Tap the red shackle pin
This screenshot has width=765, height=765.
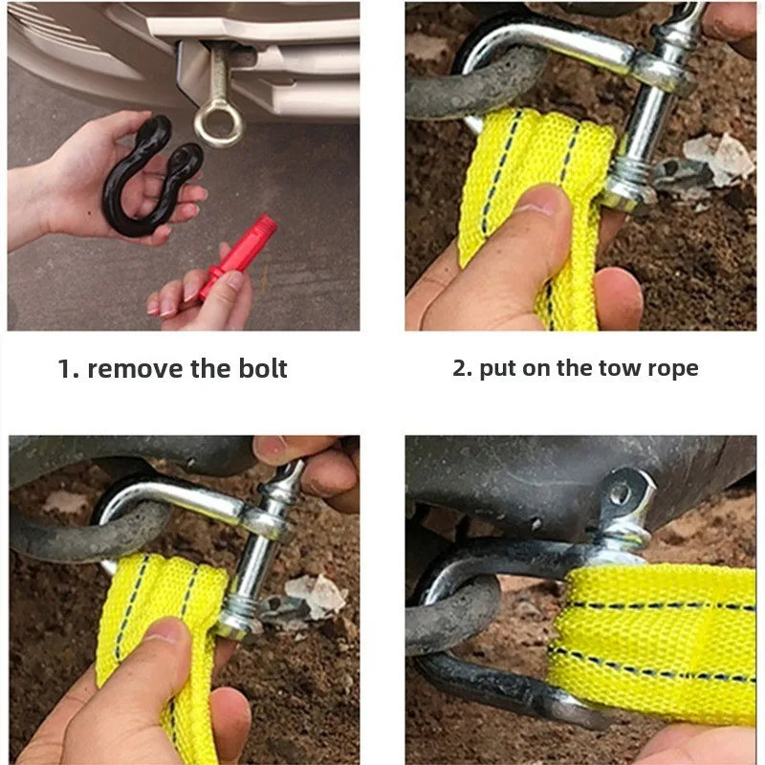point(237,257)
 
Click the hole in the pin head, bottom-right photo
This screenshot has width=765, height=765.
point(621,493)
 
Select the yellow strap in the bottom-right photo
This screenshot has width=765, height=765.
point(654,643)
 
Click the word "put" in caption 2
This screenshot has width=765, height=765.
point(497,369)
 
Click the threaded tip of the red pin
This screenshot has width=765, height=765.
point(268,226)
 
